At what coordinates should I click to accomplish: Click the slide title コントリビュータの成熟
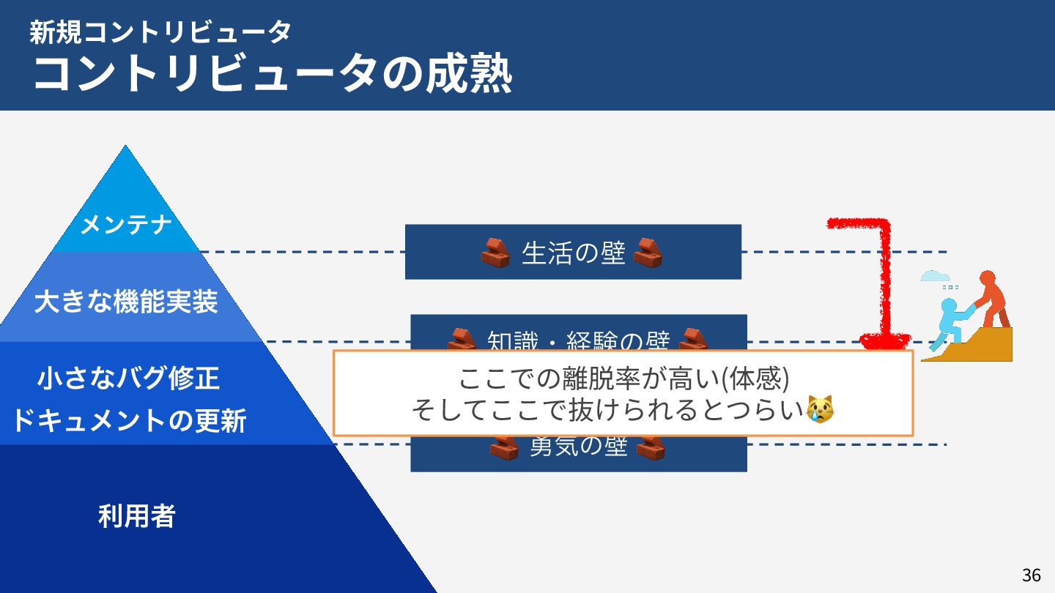pyautogui.click(x=272, y=74)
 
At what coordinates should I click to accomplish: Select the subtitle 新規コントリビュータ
pyautogui.click(x=160, y=31)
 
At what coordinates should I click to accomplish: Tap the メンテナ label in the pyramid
pyautogui.click(x=126, y=225)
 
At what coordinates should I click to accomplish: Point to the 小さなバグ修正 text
pyautogui.click(x=129, y=379)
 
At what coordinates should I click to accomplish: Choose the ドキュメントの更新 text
pyautogui.click(x=129, y=421)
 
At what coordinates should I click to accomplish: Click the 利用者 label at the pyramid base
pyautogui.click(x=137, y=517)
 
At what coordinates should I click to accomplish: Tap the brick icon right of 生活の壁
pyautogui.click(x=648, y=253)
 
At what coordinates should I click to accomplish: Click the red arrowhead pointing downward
pyautogui.click(x=885, y=340)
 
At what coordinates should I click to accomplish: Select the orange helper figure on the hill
pyautogui.click(x=991, y=299)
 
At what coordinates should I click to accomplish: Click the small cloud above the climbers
pyautogui.click(x=934, y=276)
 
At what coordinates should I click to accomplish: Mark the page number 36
pyautogui.click(x=1031, y=575)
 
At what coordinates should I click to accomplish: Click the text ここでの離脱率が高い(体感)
pyautogui.click(x=623, y=379)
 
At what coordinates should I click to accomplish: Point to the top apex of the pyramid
pyautogui.click(x=126, y=146)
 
